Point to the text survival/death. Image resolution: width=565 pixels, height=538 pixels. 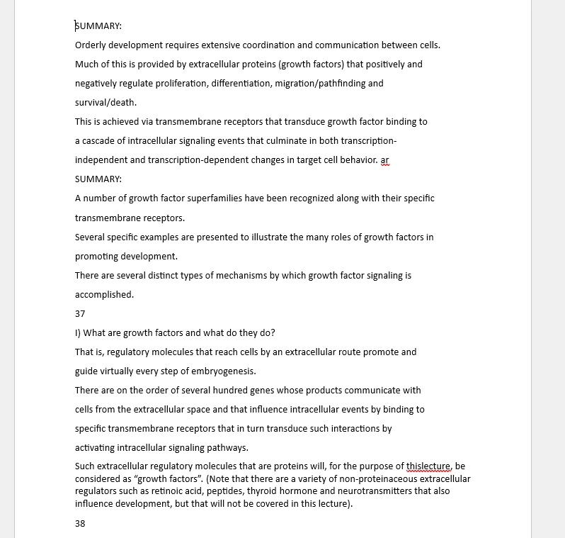tap(105, 103)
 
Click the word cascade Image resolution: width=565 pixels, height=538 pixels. tap(101, 141)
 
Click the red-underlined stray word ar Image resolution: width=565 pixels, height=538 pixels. tap(384, 160)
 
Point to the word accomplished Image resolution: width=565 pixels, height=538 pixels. tap(104, 294)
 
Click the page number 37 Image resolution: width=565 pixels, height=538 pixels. tap(80, 313)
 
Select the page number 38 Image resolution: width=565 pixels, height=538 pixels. tap(80, 524)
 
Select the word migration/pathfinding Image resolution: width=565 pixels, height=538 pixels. tap(331, 84)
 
